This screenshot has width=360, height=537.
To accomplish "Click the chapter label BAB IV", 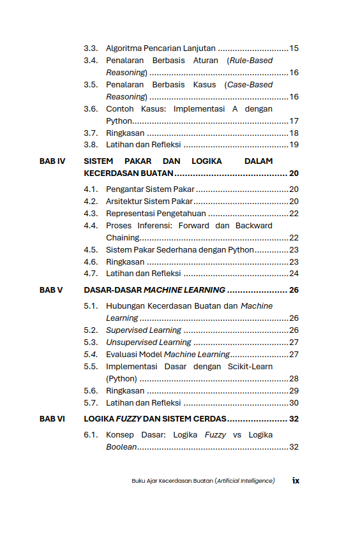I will tap(52, 161).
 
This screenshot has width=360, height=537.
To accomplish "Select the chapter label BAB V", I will tap(51, 290).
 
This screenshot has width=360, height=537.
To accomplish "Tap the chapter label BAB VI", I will tap(52, 419).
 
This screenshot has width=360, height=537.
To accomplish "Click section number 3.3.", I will tap(91, 48).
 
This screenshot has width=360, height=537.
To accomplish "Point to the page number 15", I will tap(294, 48).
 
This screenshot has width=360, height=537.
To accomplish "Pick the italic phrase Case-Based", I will tap(250, 85).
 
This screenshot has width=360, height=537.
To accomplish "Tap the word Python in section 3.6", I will tap(119, 121).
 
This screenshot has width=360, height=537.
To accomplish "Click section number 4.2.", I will tap(91, 202).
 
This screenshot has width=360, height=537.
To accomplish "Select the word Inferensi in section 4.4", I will tap(152, 226).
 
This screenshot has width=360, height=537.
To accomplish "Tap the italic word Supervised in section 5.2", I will tap(126, 330).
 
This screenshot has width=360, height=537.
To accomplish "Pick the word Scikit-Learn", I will tap(250, 367).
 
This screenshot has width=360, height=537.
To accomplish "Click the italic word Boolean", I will tap(121, 447).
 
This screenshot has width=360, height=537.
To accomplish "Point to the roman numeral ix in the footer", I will tap(296, 481).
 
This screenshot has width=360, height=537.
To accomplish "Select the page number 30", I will tap(294, 403).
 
